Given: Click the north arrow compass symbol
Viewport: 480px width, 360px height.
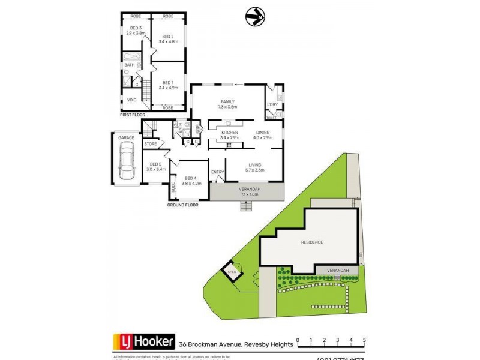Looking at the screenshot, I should (254, 16).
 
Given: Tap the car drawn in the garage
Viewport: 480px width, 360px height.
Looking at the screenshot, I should (127, 164).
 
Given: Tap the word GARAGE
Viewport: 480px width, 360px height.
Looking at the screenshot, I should (126, 138).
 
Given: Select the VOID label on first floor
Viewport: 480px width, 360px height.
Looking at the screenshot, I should (131, 100).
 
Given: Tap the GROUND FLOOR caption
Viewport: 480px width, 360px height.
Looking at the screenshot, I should (182, 205).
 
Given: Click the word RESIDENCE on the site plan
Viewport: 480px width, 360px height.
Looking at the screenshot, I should (312, 242).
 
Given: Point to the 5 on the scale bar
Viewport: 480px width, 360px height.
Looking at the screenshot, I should (364, 340).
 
